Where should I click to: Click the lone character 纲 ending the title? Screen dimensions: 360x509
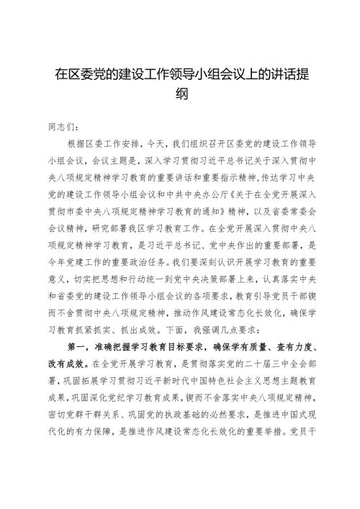pyautogui.click(x=180, y=94)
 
